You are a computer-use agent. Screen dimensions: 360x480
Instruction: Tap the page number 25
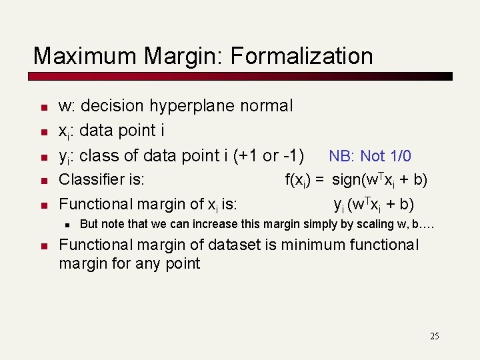coord(434,337)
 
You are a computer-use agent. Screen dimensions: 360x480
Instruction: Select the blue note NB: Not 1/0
coord(370,157)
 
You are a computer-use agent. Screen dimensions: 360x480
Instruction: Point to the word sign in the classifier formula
coord(347,180)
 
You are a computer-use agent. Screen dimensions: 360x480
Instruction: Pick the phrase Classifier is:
coord(102,180)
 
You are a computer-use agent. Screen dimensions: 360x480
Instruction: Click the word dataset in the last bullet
coord(242,245)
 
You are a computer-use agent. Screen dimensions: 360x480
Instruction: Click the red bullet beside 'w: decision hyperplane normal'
coord(42,107)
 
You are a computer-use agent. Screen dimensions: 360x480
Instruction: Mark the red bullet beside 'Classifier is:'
coord(42,181)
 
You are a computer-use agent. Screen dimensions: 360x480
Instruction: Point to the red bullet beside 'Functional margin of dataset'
coord(42,247)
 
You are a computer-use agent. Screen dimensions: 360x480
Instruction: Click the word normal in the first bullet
coord(269,106)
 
